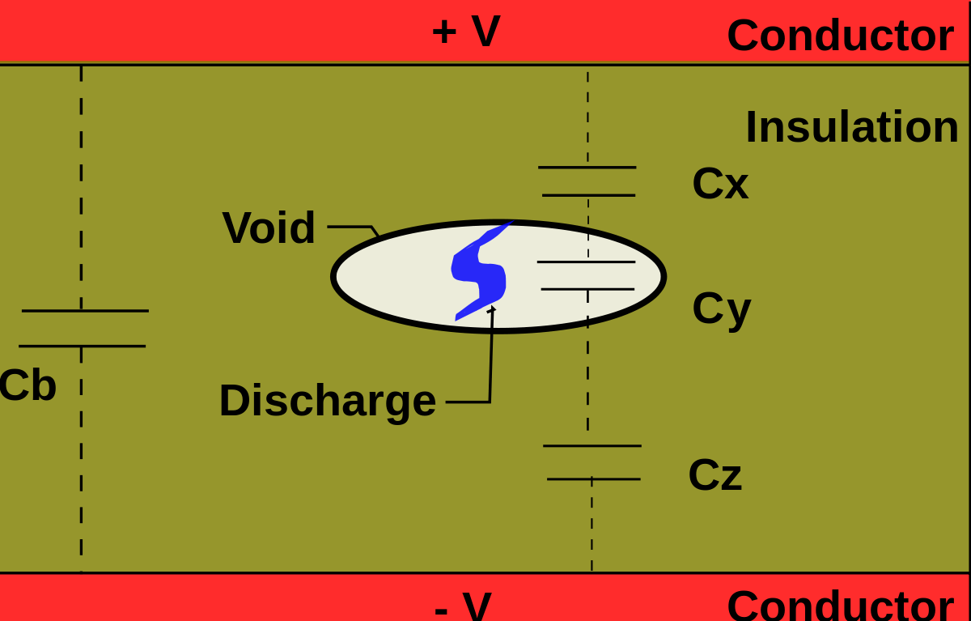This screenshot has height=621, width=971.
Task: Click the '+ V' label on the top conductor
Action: pos(466,32)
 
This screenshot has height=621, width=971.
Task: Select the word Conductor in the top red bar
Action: pos(840,36)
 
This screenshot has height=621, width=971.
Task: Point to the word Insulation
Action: pos(851,127)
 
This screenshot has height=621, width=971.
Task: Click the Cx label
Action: pos(720,184)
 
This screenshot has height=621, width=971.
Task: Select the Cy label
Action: pos(721,308)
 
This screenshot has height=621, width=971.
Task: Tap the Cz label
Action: pos(714,475)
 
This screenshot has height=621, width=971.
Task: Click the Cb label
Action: pos(27,385)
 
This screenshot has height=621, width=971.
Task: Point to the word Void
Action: pos(269,228)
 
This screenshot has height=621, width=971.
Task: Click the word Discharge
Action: pos(327,401)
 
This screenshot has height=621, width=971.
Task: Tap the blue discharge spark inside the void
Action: pos(480,271)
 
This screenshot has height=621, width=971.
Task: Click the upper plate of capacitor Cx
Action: pos(587,168)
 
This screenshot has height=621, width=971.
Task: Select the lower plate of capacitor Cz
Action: pos(593,479)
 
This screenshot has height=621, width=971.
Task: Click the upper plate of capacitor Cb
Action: pos(85,311)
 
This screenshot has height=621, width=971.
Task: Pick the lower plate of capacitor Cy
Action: pos(587,289)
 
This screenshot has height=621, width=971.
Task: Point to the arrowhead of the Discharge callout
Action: pos(492,309)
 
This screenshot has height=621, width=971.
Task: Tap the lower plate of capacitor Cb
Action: pos(82,347)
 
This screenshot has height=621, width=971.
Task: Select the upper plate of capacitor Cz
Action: pos(592,446)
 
